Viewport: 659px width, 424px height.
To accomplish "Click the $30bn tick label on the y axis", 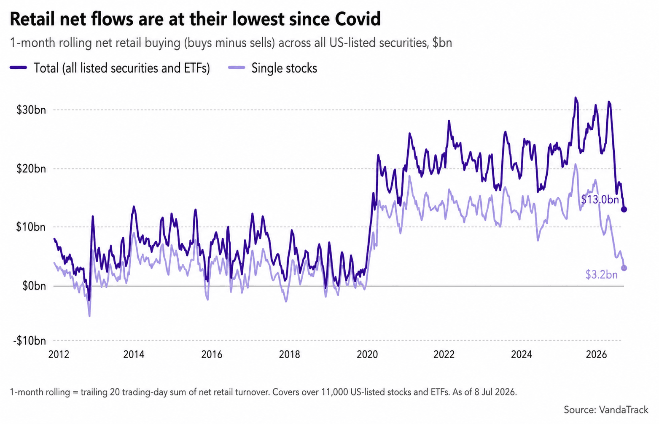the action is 31,110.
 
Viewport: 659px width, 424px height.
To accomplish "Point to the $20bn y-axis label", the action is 31,169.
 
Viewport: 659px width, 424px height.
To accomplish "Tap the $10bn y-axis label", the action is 31,227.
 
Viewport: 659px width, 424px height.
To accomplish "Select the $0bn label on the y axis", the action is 35,286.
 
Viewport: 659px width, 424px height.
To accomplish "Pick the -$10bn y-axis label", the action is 30,341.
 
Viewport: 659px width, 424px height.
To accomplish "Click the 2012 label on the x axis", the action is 59,354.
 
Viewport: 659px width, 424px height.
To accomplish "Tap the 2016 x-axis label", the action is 212,354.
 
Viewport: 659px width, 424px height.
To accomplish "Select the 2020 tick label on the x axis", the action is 367,354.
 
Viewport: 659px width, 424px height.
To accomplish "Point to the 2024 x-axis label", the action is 521,354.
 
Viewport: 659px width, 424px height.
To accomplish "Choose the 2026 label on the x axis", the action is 596,354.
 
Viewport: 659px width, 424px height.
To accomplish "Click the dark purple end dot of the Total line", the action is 624,209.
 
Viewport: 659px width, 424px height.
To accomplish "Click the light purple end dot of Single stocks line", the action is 624,268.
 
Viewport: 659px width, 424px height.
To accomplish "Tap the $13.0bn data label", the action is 600,200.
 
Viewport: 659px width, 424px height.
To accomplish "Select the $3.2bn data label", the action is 601,275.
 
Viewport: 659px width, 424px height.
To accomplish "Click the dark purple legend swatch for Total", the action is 18,67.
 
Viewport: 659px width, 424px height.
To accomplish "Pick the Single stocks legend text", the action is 284,68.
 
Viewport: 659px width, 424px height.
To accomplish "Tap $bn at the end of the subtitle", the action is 442,43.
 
